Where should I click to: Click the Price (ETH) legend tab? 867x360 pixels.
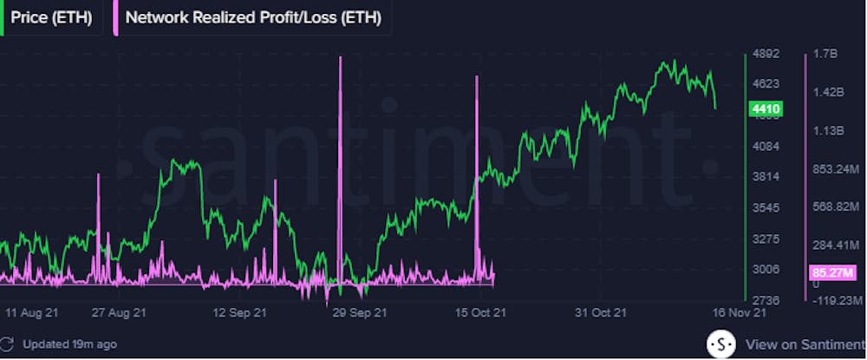pyautogui.click(x=51, y=16)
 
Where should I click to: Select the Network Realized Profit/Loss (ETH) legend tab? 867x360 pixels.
pyautogui.click(x=252, y=16)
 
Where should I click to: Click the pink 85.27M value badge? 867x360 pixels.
pyautogui.click(x=831, y=272)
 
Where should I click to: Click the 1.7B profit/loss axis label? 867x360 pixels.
pyautogui.click(x=825, y=54)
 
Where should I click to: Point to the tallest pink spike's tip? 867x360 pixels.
pyautogui.click(x=341, y=57)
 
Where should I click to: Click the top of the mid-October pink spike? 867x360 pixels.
pyautogui.click(x=477, y=77)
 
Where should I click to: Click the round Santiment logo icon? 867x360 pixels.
pyautogui.click(x=720, y=344)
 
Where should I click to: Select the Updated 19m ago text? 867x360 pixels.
pyautogui.click(x=69, y=344)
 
